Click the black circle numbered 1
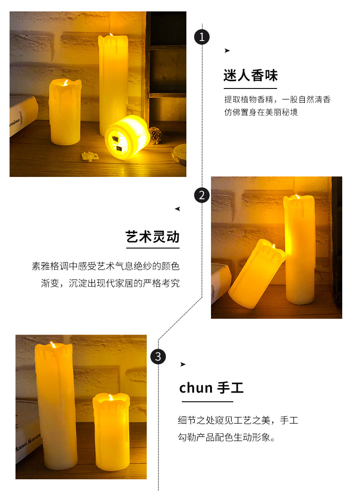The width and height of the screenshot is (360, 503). tap(202, 36)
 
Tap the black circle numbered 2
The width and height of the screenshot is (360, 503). tap(202, 195)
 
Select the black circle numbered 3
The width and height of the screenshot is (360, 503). tap(158, 356)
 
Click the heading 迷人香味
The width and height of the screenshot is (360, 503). tap(250, 75)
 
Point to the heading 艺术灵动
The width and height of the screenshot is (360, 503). tap(153, 237)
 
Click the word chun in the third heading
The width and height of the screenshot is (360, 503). tap(196, 388)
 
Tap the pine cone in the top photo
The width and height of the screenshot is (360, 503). tap(155, 135)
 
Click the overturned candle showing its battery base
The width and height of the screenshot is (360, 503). tap(128, 137)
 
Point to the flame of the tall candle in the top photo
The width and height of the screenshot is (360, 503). tap(112, 35)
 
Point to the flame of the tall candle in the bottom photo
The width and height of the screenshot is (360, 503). tap(53, 346)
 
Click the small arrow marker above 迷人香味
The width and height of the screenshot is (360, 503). tap(227, 51)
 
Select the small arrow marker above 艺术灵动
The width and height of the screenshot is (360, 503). tap(177, 209)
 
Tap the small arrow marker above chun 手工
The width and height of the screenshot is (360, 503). tap(183, 364)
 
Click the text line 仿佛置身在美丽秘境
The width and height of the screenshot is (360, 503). tap(261, 112)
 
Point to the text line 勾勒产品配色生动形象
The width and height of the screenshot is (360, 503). tap(226, 437)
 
